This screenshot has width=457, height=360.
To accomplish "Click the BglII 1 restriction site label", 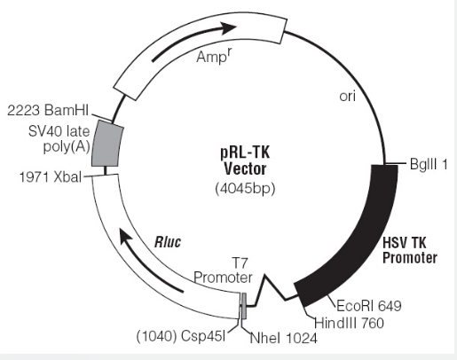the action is (x=429, y=164).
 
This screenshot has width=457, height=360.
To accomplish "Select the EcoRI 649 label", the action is (x=369, y=306).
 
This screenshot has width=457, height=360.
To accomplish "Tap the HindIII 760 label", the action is (x=349, y=323).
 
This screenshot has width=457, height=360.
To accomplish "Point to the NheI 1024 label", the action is (x=284, y=338).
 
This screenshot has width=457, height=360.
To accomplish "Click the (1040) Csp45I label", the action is (x=181, y=336).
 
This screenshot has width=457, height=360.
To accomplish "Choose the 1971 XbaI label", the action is (x=50, y=177).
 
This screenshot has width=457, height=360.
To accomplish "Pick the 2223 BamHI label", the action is (x=48, y=111).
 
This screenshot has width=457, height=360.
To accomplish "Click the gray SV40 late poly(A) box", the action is (x=107, y=144).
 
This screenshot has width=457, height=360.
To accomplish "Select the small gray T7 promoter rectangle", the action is (x=244, y=306).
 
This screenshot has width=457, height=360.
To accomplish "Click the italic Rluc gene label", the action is (x=168, y=242).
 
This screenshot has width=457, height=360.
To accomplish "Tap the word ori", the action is (x=348, y=97).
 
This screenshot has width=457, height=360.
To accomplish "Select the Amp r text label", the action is (x=214, y=56).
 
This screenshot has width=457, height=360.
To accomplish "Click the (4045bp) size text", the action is (x=245, y=189).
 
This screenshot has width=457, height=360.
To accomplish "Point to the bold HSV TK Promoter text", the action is (x=410, y=250).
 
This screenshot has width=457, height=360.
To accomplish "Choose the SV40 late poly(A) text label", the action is (x=59, y=138).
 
